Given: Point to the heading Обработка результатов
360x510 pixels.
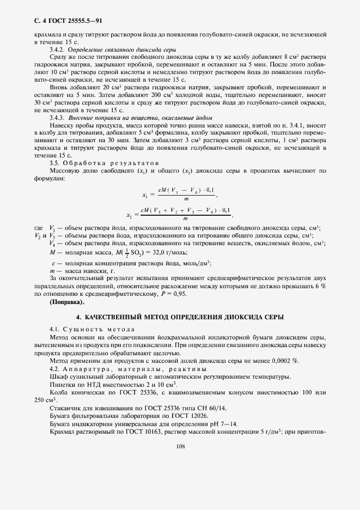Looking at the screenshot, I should [111, 162].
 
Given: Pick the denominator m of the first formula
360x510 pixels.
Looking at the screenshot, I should [186, 200].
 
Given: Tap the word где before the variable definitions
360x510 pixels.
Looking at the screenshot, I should [38, 228].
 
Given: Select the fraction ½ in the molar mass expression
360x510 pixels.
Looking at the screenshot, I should [128, 252].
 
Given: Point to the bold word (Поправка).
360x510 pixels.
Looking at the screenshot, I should [67, 301].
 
